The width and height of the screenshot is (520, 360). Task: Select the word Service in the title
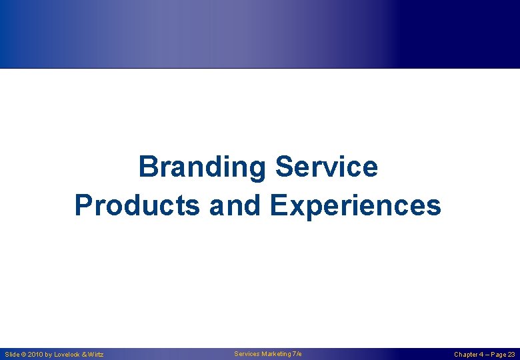pos(327,167)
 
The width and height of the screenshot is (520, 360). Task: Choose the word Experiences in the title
pos(356,207)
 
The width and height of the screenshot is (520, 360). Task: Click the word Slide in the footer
pos(12,355)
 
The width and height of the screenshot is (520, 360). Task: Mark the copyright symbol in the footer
pos(24,355)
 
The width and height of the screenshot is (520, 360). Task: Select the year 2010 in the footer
pos(35,355)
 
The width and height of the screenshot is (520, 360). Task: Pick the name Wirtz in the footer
pos(96,355)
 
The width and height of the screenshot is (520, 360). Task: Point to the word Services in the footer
pos(247,354)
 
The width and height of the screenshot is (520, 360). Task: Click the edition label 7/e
pos(297,354)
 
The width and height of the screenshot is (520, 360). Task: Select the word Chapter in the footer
pos(465,355)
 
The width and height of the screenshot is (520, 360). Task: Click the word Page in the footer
pos(499,355)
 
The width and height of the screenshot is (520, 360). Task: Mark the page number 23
pos(512,355)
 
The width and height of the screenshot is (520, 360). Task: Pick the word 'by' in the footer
pos(48,355)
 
